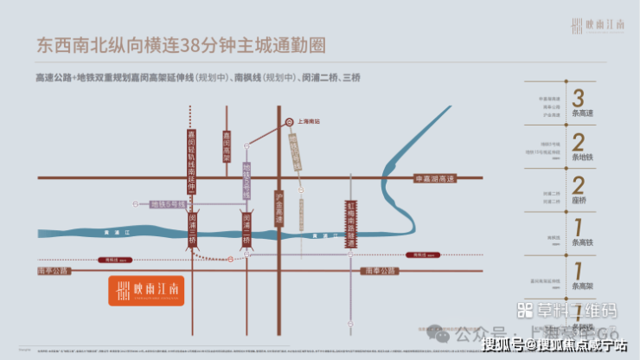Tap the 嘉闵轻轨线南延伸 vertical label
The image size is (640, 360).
pyautogui.click(x=192, y=160)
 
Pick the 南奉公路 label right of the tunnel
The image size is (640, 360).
pyautogui.click(x=377, y=271)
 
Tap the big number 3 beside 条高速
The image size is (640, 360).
pyautogui.click(x=578, y=98)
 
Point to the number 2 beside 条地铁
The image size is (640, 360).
pyautogui.click(x=578, y=144)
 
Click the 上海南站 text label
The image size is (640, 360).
pyautogui.click(x=309, y=122)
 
